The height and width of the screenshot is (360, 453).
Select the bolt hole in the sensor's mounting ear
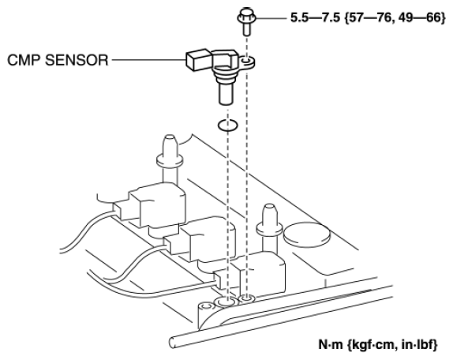(249, 61)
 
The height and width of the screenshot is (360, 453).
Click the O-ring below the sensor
(228, 124)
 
